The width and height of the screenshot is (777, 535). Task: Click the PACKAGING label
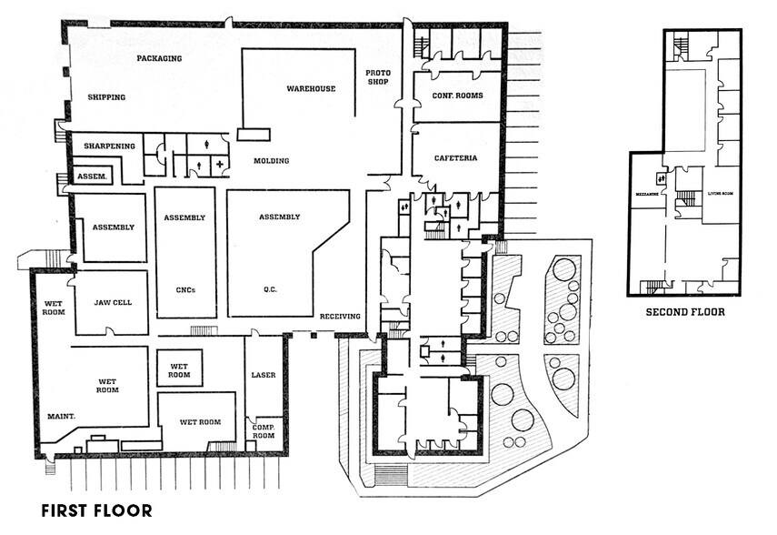click(x=159, y=58)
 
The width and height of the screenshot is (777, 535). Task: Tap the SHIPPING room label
click(x=106, y=97)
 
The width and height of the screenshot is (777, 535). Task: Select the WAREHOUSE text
click(x=311, y=89)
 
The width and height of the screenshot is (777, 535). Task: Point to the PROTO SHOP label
click(x=377, y=77)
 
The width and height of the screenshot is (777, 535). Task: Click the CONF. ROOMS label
click(x=457, y=96)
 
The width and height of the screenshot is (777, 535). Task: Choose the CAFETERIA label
click(x=455, y=158)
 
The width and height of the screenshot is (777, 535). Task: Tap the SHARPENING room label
click(x=109, y=146)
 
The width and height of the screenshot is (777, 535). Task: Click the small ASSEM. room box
click(x=93, y=177)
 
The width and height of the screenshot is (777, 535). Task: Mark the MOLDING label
click(x=271, y=161)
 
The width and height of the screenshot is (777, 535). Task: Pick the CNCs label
click(x=184, y=290)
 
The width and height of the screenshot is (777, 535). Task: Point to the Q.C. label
click(x=270, y=290)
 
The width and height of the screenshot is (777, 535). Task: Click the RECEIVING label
click(x=340, y=317)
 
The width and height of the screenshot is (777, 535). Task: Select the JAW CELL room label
click(x=111, y=303)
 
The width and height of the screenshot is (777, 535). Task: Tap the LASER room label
click(x=263, y=375)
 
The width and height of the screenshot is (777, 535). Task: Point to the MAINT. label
click(x=60, y=417)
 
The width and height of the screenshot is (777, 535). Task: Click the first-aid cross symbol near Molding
click(x=219, y=164)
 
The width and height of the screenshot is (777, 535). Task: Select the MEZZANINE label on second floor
click(x=646, y=194)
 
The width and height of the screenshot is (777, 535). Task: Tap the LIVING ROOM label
click(x=722, y=193)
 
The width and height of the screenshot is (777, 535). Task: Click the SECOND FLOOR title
click(x=684, y=312)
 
